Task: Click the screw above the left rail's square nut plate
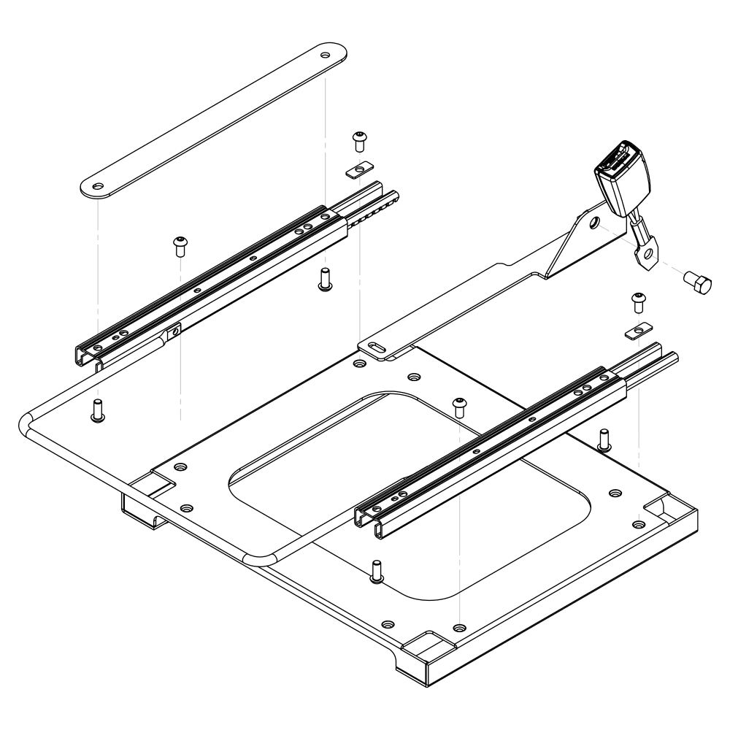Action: (358, 139)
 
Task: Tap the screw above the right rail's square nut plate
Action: (639, 299)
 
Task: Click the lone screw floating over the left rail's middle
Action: (179, 245)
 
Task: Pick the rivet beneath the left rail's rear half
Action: (325, 280)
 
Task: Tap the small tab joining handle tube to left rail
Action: (174, 333)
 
